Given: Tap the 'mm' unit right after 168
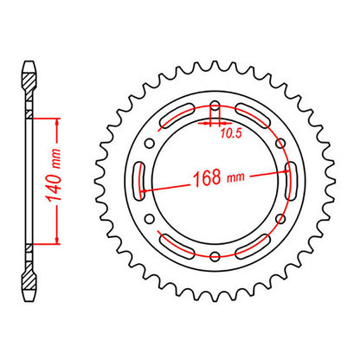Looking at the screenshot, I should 233,182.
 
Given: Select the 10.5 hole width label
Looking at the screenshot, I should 230,134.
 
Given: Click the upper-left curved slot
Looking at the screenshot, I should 169,124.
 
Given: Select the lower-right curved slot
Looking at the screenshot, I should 256,241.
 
